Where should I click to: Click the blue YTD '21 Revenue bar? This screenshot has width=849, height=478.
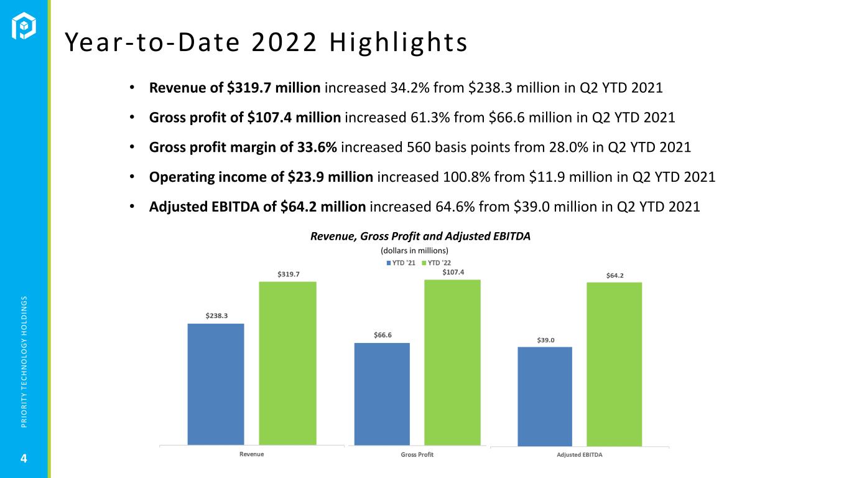(x=215, y=384)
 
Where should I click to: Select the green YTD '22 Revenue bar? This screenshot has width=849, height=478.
(x=287, y=363)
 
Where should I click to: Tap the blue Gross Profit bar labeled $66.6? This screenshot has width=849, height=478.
(x=382, y=394)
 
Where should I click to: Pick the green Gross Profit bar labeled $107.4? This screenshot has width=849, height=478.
(x=452, y=362)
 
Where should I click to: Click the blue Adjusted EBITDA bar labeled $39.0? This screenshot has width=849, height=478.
(x=545, y=396)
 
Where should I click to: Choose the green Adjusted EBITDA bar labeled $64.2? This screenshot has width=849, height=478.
(x=614, y=364)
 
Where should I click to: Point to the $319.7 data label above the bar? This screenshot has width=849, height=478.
(x=287, y=274)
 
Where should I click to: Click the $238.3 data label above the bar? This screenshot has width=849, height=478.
(x=216, y=316)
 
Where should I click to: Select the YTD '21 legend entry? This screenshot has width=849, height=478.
(x=401, y=263)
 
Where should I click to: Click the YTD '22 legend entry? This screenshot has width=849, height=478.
(x=439, y=263)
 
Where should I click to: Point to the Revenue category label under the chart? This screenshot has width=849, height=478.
(x=252, y=454)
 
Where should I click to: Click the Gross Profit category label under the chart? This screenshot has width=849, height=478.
(x=417, y=454)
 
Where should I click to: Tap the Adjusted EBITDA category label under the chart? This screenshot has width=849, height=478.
(x=580, y=454)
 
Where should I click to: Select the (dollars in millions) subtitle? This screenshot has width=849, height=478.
(x=414, y=250)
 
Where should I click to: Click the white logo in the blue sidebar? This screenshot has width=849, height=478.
(x=25, y=26)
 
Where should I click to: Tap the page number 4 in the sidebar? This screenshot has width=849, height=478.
(x=24, y=459)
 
